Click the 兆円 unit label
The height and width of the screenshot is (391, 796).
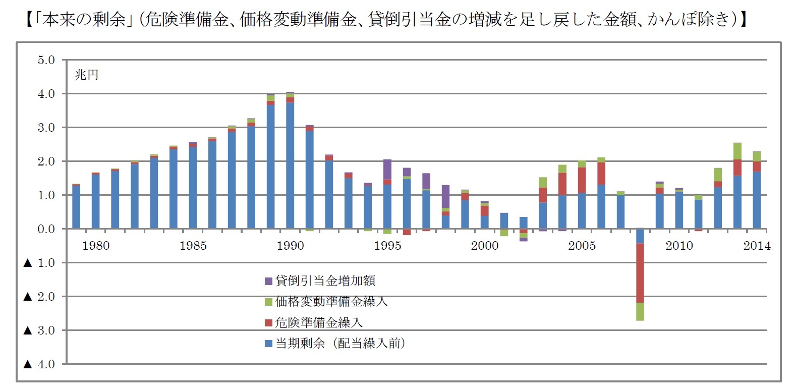86,75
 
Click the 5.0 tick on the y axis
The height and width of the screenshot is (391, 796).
46,60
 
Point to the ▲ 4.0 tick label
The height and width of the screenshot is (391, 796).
39,364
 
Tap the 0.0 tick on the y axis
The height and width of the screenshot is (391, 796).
46,229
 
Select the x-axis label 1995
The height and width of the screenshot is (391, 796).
387,246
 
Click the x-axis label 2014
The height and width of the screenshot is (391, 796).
757,246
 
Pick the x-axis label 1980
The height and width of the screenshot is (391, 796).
96,246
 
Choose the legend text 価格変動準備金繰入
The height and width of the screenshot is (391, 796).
331,302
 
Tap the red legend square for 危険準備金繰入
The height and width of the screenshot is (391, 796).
268,323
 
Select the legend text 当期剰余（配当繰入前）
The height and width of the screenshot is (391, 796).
340,344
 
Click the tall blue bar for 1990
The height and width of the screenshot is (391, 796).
290,166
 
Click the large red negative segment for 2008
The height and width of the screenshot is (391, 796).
640,272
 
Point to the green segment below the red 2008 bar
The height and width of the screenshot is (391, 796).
640,311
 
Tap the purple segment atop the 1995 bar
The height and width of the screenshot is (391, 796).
387,169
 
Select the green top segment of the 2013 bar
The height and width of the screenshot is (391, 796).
737,151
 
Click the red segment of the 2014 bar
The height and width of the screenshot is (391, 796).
757,166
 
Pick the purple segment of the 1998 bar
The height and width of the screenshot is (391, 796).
445,196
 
